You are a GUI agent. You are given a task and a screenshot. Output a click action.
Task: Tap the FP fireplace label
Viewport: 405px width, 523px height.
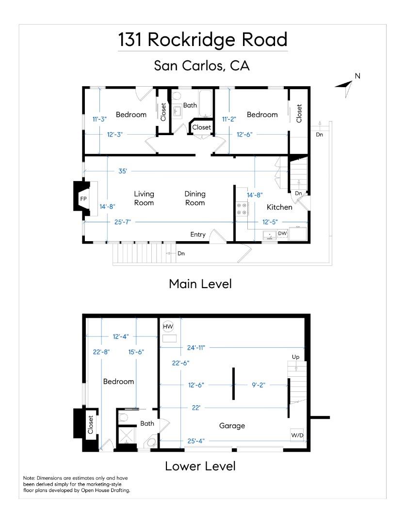click(83, 199)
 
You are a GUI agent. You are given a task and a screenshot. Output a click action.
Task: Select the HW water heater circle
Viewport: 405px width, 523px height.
click(168, 326)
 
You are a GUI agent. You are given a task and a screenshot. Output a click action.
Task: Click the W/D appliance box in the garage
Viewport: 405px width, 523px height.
click(297, 435)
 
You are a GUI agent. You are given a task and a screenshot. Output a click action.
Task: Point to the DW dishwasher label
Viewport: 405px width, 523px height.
click(282, 233)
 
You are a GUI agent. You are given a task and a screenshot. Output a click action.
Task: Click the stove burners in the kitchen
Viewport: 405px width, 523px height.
click(242, 209)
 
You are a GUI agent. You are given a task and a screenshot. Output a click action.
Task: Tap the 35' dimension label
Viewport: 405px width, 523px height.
click(123, 171)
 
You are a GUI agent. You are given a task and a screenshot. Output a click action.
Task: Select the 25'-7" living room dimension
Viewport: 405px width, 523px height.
click(122, 222)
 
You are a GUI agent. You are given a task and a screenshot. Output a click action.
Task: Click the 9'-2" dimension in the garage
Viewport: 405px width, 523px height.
click(259, 385)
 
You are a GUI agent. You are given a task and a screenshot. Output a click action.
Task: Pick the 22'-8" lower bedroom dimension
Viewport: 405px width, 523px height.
click(101, 352)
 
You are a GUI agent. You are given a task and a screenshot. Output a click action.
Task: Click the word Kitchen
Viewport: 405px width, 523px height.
click(279, 207)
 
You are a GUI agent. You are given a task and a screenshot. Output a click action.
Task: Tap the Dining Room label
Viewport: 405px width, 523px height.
click(195, 198)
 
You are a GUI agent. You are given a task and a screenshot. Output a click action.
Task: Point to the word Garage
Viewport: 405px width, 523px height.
click(232, 426)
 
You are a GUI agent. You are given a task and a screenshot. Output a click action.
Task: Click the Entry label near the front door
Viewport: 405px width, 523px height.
click(198, 234)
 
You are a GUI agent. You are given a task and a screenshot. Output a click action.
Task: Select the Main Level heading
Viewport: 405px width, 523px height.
click(200, 284)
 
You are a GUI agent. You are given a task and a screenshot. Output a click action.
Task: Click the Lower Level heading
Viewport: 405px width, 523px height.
click(200, 466)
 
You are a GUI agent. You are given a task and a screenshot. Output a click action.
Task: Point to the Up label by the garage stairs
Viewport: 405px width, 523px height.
click(296, 357)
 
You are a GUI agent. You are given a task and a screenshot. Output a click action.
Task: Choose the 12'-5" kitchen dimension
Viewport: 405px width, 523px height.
click(270, 222)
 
